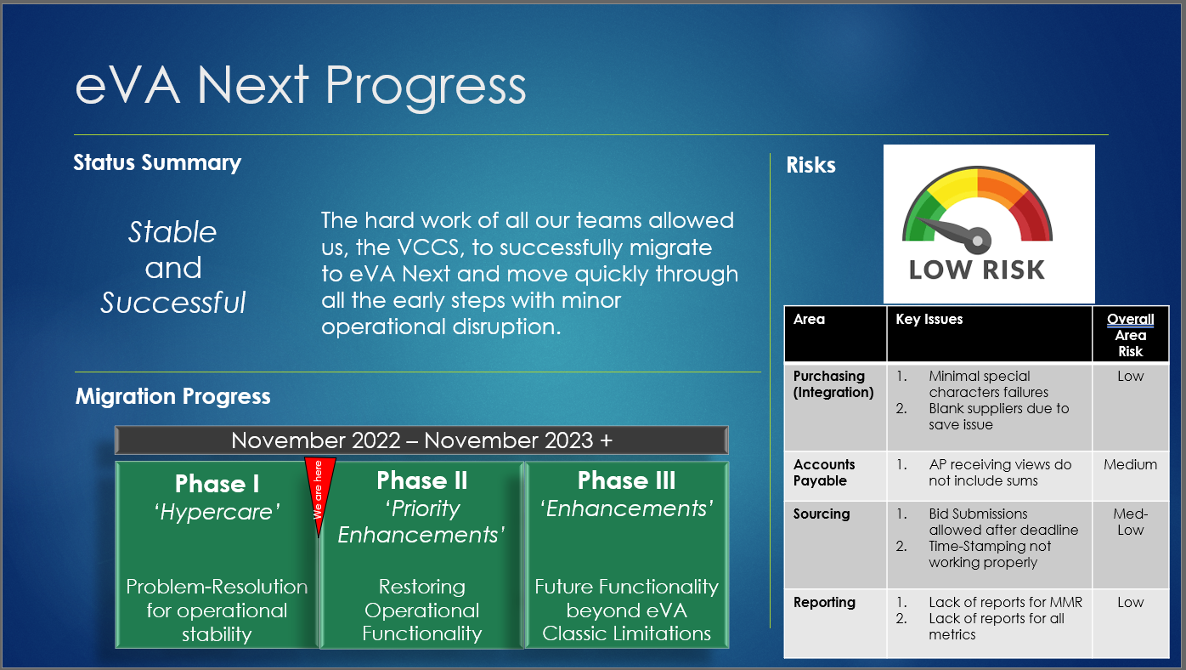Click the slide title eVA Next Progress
click(x=301, y=87)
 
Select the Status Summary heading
click(x=157, y=162)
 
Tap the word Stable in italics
click(x=172, y=232)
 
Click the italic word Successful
click(x=173, y=302)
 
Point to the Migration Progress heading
click(x=172, y=396)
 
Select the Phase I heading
click(x=217, y=484)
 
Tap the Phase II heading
click(x=422, y=480)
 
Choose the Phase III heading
click(x=627, y=480)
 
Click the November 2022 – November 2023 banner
click(x=421, y=440)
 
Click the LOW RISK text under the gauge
click(x=977, y=270)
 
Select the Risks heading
click(x=810, y=165)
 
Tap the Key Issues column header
click(x=929, y=320)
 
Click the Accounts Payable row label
click(x=823, y=473)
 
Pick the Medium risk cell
click(x=1130, y=465)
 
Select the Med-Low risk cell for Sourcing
click(x=1130, y=522)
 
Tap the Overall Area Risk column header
click(x=1130, y=335)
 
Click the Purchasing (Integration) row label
click(x=833, y=384)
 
